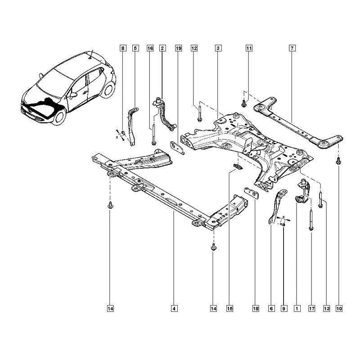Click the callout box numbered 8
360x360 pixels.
(x=122, y=48)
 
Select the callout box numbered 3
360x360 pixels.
(x=218, y=48)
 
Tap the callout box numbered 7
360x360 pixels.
(x=292, y=48)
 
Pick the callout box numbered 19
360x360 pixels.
(x=178, y=48)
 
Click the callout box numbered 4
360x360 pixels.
(x=174, y=309)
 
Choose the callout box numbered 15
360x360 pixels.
(x=229, y=309)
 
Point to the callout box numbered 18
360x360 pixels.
(x=256, y=309)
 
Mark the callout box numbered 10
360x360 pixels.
(x=339, y=309)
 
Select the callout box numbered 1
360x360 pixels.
(x=297, y=309)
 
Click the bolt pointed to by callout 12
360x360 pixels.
(x=199, y=114)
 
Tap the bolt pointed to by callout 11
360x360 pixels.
(x=244, y=103)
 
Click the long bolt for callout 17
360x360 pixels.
(x=311, y=220)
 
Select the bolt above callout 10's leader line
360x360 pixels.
(x=338, y=161)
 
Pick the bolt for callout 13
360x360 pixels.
(x=320, y=199)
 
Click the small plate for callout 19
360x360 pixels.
(x=177, y=148)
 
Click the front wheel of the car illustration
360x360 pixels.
(x=59, y=117)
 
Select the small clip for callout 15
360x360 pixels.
(x=238, y=166)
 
